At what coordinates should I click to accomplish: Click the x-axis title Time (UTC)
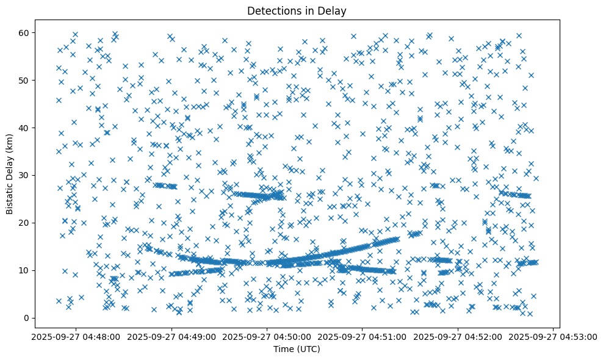coord(297,350)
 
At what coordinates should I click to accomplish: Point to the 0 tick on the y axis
coord(26,318)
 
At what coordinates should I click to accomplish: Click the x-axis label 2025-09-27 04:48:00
coord(76,336)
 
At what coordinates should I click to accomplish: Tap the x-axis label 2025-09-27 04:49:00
coord(172,336)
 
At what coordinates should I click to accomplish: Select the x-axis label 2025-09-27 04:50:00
coord(267,336)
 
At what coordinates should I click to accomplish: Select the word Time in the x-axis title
coord(285,350)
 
